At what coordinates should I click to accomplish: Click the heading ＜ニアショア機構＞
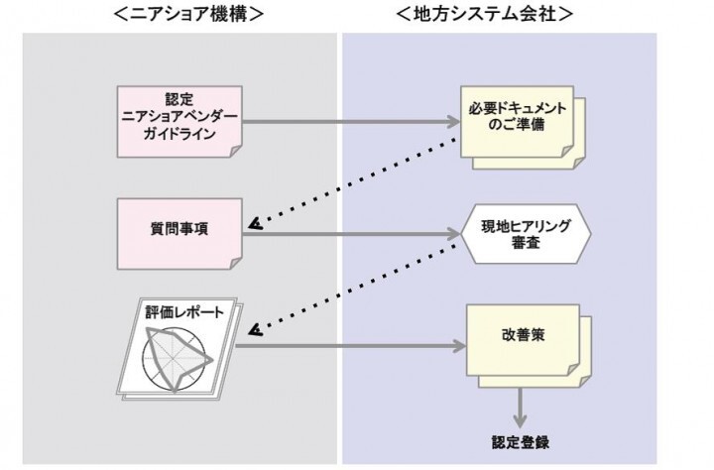point(187,14)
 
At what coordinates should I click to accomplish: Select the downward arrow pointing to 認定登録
point(520,408)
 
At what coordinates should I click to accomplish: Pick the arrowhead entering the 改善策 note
point(458,346)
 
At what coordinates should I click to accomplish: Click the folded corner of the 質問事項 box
point(233,260)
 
